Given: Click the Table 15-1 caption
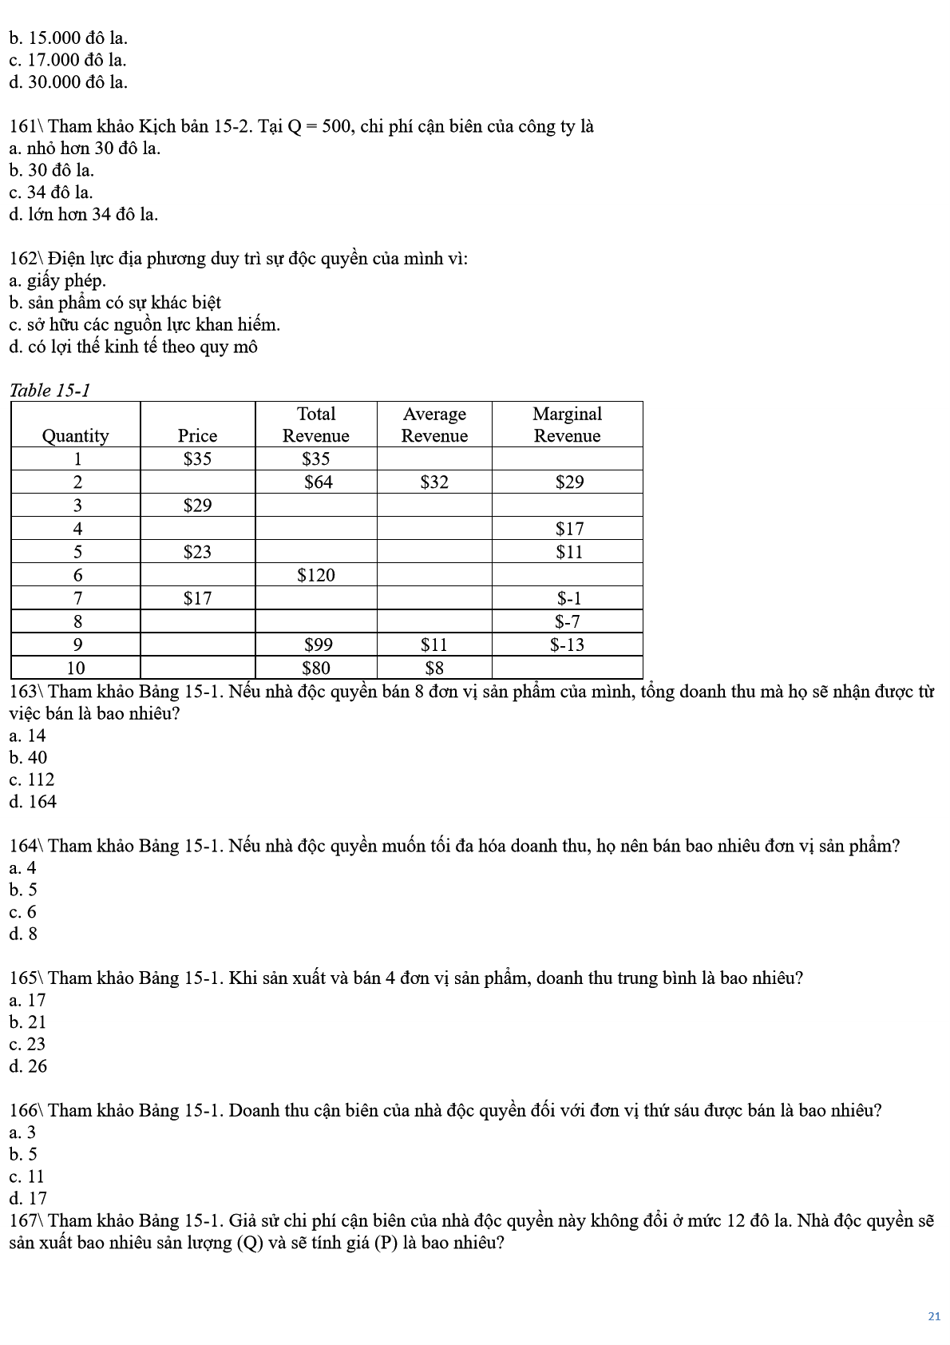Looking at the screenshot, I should pos(49,391).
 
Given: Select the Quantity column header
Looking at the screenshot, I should pos(75,435).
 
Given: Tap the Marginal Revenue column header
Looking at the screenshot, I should pos(567,424).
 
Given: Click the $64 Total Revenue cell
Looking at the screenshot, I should pos(318,482).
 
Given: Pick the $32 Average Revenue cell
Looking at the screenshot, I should pos(434,482).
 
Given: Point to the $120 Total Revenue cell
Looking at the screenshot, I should pos(316,575).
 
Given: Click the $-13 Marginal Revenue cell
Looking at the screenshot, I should pos(567,645).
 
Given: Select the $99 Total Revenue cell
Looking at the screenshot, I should pos(318,645).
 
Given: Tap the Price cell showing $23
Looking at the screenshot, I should pos(197,552).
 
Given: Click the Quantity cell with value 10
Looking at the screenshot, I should pos(76,668).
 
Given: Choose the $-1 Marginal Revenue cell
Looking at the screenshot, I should pos(568,598).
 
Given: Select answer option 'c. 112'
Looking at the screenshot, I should pos(32,780).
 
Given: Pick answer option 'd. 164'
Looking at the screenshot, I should pos(33,802).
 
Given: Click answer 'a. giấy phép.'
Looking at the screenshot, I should pos(57,280).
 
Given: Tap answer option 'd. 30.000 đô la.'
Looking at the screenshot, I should pos(68,82).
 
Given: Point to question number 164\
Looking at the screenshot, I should pos(27,846).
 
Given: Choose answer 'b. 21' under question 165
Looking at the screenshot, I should pos(28,1022).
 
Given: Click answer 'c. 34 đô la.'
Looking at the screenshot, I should pos(51,192).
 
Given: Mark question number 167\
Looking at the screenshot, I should pos(27,1220).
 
